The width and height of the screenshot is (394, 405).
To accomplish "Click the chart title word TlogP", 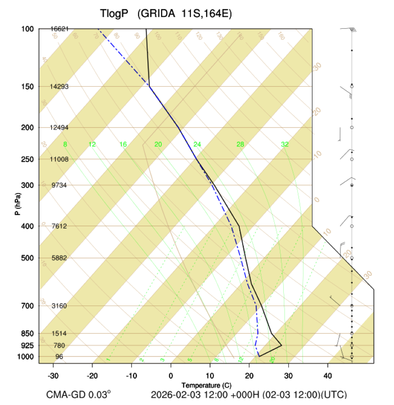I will pos(115,14).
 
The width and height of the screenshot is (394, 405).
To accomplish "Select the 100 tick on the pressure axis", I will pos(27,29).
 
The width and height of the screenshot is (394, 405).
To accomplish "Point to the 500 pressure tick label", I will pos(27,258).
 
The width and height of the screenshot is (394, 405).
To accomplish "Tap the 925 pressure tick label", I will pos(27,346).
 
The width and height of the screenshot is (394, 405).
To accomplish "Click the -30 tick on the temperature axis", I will pos(53,376).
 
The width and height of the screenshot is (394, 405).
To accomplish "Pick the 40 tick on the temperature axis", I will pos(328,376).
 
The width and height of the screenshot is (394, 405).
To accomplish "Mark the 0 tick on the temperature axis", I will pos(171,376).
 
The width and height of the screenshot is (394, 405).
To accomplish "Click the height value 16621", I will pos(60,29).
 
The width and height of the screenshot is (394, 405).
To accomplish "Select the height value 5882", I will pos(59,258).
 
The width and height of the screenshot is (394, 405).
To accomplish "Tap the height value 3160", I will pos(59,306).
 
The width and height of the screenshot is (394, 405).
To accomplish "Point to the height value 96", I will pos(59,357).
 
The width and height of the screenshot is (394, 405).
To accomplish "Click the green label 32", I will pos(285,144).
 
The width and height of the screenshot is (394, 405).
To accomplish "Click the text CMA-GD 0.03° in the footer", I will pos(79,394).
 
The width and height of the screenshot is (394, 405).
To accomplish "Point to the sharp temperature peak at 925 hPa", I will pos(281,346).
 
